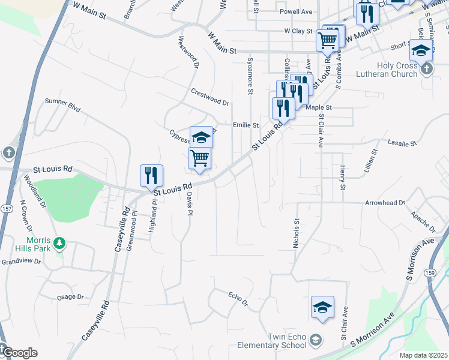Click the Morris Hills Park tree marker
pos(59,243)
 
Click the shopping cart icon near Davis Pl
pos(199,158)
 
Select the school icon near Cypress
pos(202,137)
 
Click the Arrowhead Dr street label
pos(385,203)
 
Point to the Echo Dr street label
pos(238,298)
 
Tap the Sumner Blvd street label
pos(62,106)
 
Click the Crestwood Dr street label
pos(210,97)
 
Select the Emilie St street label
pos(246,125)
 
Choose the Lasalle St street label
pos(402,144)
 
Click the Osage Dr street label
pos(70,297)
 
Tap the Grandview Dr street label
pos(20,262)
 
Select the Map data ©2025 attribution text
pos(423,355)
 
